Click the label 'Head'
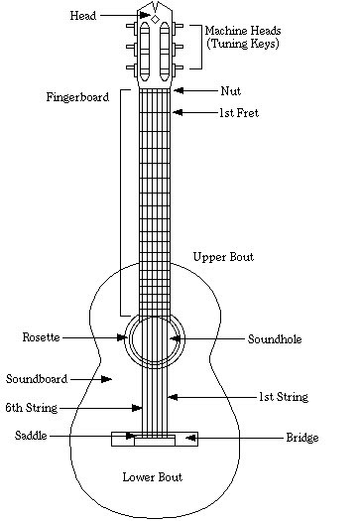(x=83, y=16)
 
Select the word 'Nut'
(x=230, y=90)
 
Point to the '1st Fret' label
(x=239, y=114)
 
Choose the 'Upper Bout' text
(x=222, y=257)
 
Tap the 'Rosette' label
(x=43, y=337)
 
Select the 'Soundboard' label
(x=36, y=379)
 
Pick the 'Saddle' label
(x=35, y=436)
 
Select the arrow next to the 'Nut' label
(x=196, y=90)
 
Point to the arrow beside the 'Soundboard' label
(x=105, y=379)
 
